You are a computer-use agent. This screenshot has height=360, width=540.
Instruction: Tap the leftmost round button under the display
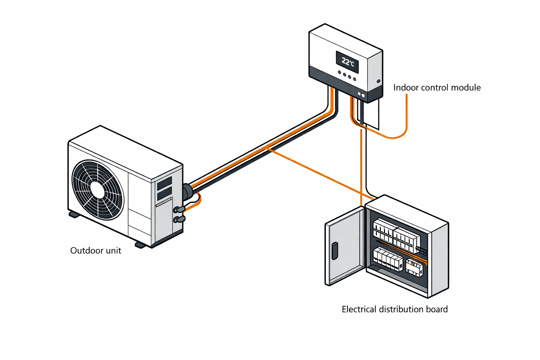(339, 73)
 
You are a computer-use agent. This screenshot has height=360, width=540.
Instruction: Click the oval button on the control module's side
(378, 81)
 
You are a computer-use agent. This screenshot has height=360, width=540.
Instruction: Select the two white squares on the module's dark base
(361, 95)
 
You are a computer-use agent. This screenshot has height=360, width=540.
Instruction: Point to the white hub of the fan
(97, 190)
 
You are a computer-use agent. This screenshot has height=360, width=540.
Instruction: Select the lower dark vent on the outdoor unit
(164, 194)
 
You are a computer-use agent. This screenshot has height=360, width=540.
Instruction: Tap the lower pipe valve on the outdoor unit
(179, 219)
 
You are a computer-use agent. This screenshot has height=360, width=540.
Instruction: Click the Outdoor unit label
(96, 251)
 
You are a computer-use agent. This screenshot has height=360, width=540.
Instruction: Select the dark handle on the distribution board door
(335, 251)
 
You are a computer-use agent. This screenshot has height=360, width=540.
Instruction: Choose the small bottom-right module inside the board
(414, 268)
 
